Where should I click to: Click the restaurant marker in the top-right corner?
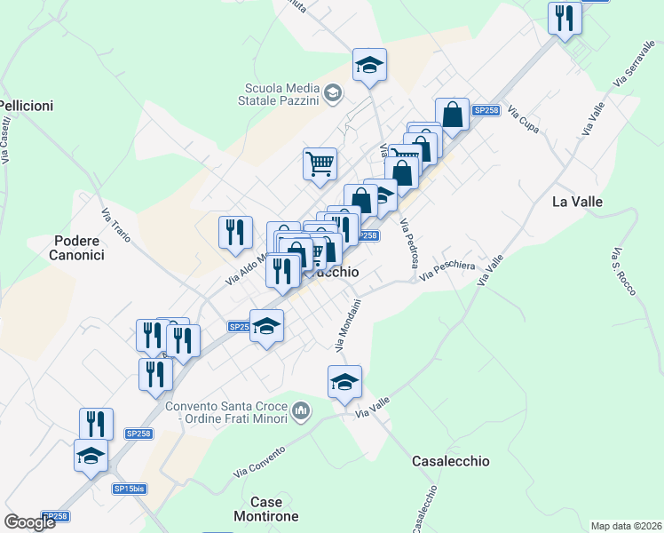[565, 18]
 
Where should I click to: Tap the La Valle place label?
[577, 202]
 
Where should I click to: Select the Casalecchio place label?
[451, 461]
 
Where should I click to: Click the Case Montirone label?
[265, 509]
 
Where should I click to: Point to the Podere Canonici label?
[79, 248]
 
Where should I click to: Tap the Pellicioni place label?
[27, 106]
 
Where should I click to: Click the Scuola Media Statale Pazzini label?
[281, 93]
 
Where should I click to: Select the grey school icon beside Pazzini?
[332, 92]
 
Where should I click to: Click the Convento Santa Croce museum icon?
[301, 412]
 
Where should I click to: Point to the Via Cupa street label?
[523, 124]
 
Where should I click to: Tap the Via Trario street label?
[116, 226]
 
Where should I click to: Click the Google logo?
[29, 521]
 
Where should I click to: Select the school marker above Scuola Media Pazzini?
[369, 65]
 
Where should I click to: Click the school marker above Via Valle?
[344, 382]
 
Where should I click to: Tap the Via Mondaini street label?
[348, 323]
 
